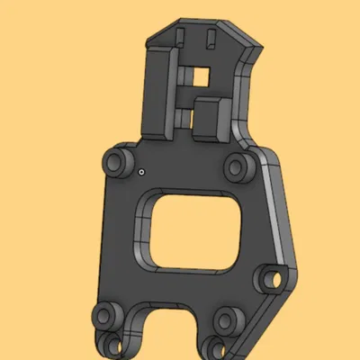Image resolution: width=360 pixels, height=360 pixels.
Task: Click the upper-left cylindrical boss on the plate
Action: click(115, 163)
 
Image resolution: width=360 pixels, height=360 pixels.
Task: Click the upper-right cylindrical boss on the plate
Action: click(239, 165)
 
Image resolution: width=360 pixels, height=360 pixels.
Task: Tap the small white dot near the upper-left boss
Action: click(142, 169)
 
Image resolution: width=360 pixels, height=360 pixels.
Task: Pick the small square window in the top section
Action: click(201, 77)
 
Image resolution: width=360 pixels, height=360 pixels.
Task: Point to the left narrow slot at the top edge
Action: click(181, 38)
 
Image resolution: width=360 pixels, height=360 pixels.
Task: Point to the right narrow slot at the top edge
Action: click(211, 38)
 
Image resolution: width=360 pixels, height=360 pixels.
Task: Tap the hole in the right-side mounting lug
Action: click(271, 280)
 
